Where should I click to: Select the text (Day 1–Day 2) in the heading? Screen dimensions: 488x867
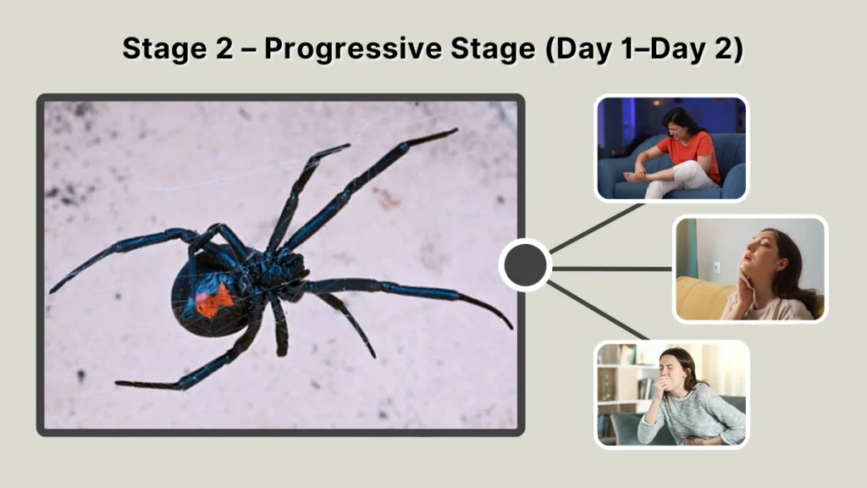click(643, 49)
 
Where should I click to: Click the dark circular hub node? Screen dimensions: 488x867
click(525, 265)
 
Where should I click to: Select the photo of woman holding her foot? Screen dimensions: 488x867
click(671, 148)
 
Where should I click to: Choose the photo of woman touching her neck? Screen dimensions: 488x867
click(750, 269)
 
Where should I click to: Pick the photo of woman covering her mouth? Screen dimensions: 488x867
click(671, 393)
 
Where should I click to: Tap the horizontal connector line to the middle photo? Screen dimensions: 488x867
click(611, 269)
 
